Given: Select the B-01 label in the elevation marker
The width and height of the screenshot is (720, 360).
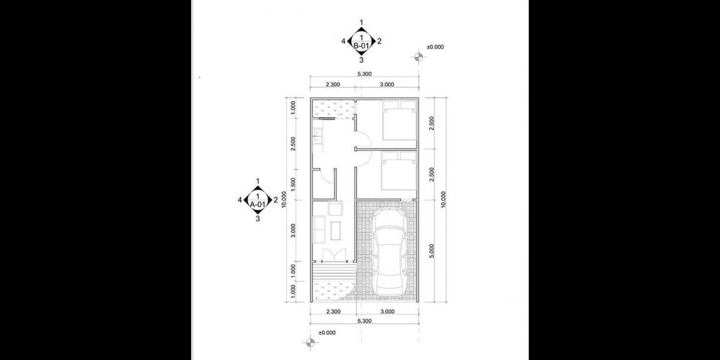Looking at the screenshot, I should [x=361, y=46].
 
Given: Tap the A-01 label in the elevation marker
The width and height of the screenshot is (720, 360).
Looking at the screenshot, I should [x=257, y=204].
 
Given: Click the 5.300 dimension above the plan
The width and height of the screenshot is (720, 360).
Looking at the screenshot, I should [x=365, y=74].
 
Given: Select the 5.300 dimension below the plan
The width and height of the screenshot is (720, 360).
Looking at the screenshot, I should [x=365, y=321].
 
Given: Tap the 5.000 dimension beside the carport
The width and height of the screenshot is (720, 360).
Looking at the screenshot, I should [x=431, y=250].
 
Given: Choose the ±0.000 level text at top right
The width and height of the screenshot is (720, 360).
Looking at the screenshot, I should [x=435, y=47].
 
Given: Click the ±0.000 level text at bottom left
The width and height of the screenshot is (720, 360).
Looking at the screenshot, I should [x=327, y=332].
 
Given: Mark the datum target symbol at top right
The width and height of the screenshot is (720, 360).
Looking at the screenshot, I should [x=419, y=57].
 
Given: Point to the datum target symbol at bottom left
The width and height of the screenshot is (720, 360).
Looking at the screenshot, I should [x=309, y=342].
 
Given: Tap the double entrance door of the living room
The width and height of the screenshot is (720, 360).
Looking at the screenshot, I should [x=333, y=254].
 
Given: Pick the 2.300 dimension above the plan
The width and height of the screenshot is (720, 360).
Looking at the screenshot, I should [x=333, y=84].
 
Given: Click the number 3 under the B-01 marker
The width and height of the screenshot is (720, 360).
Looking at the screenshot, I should [x=361, y=61].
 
